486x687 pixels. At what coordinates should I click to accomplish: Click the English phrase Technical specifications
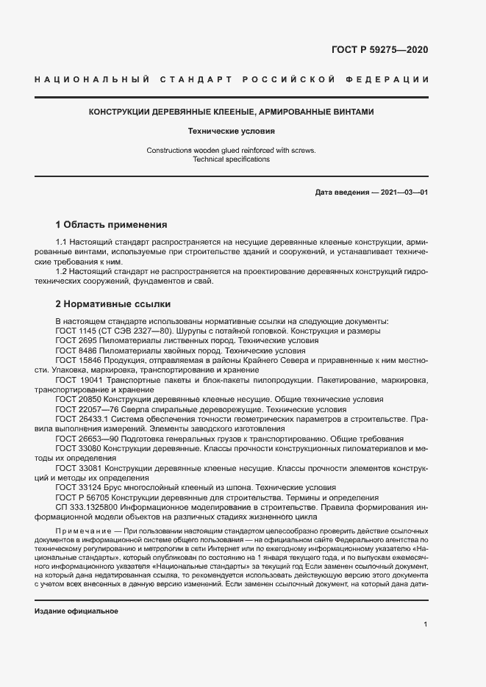click(x=231, y=159)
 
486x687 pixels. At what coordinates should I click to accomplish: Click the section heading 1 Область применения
click(x=112, y=224)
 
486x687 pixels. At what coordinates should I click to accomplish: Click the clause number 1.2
click(x=62, y=271)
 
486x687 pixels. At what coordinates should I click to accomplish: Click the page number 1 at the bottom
click(x=426, y=624)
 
